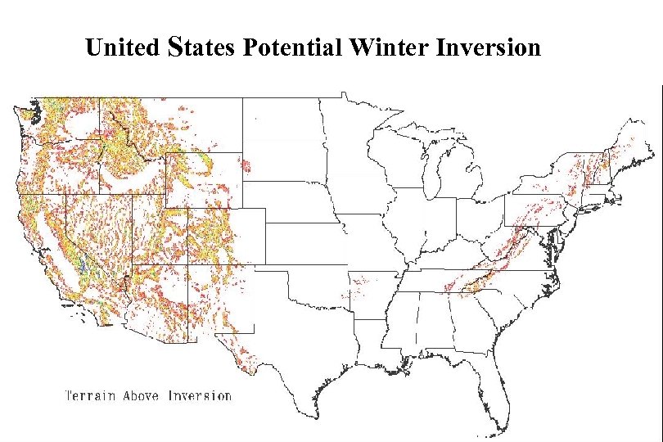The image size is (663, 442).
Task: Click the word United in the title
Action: point(123,47)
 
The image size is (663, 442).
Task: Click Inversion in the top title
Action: point(489,47)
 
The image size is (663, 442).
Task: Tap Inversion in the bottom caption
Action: point(200,396)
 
